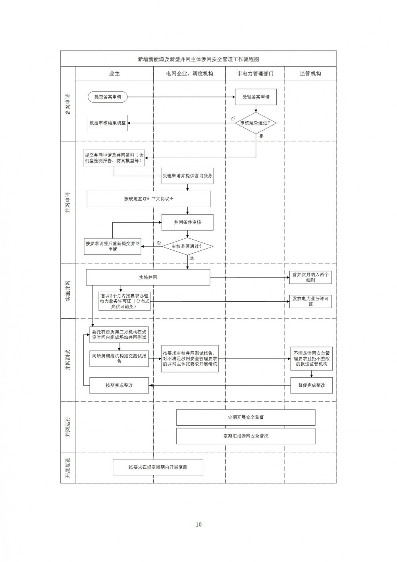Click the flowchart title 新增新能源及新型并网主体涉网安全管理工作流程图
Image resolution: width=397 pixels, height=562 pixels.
pyautogui.click(x=198, y=59)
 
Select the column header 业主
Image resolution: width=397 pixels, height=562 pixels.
pyautogui.click(x=114, y=74)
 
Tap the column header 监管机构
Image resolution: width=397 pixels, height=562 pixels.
pyautogui.click(x=310, y=74)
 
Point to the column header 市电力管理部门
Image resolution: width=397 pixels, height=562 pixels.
pyautogui.click(x=255, y=74)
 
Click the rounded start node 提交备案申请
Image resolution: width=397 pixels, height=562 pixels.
pyautogui.click(x=108, y=97)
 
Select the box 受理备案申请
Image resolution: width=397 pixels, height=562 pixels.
pyautogui.click(x=256, y=97)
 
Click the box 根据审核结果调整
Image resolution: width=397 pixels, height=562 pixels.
pyautogui.click(x=108, y=123)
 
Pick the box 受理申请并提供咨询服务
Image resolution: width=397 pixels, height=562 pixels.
pyautogui.click(x=187, y=176)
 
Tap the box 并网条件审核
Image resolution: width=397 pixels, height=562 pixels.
pyautogui.click(x=187, y=222)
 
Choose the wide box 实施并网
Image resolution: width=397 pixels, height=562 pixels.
pyautogui.click(x=148, y=277)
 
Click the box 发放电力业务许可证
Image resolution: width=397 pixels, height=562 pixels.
pyautogui.click(x=310, y=301)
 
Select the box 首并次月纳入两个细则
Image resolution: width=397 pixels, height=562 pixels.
pyautogui.click(x=310, y=277)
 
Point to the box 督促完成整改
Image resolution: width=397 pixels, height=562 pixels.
pyautogui.click(x=312, y=386)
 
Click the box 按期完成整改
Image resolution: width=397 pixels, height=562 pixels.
pyautogui.click(x=119, y=386)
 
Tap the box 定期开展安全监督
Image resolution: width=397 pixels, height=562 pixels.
pyautogui.click(x=246, y=417)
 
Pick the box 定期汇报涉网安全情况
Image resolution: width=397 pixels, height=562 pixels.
pyautogui.click(x=246, y=436)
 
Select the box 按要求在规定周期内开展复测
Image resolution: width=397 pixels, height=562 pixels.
pyautogui.click(x=158, y=467)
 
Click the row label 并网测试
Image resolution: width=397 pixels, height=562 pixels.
pyautogui.click(x=68, y=360)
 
